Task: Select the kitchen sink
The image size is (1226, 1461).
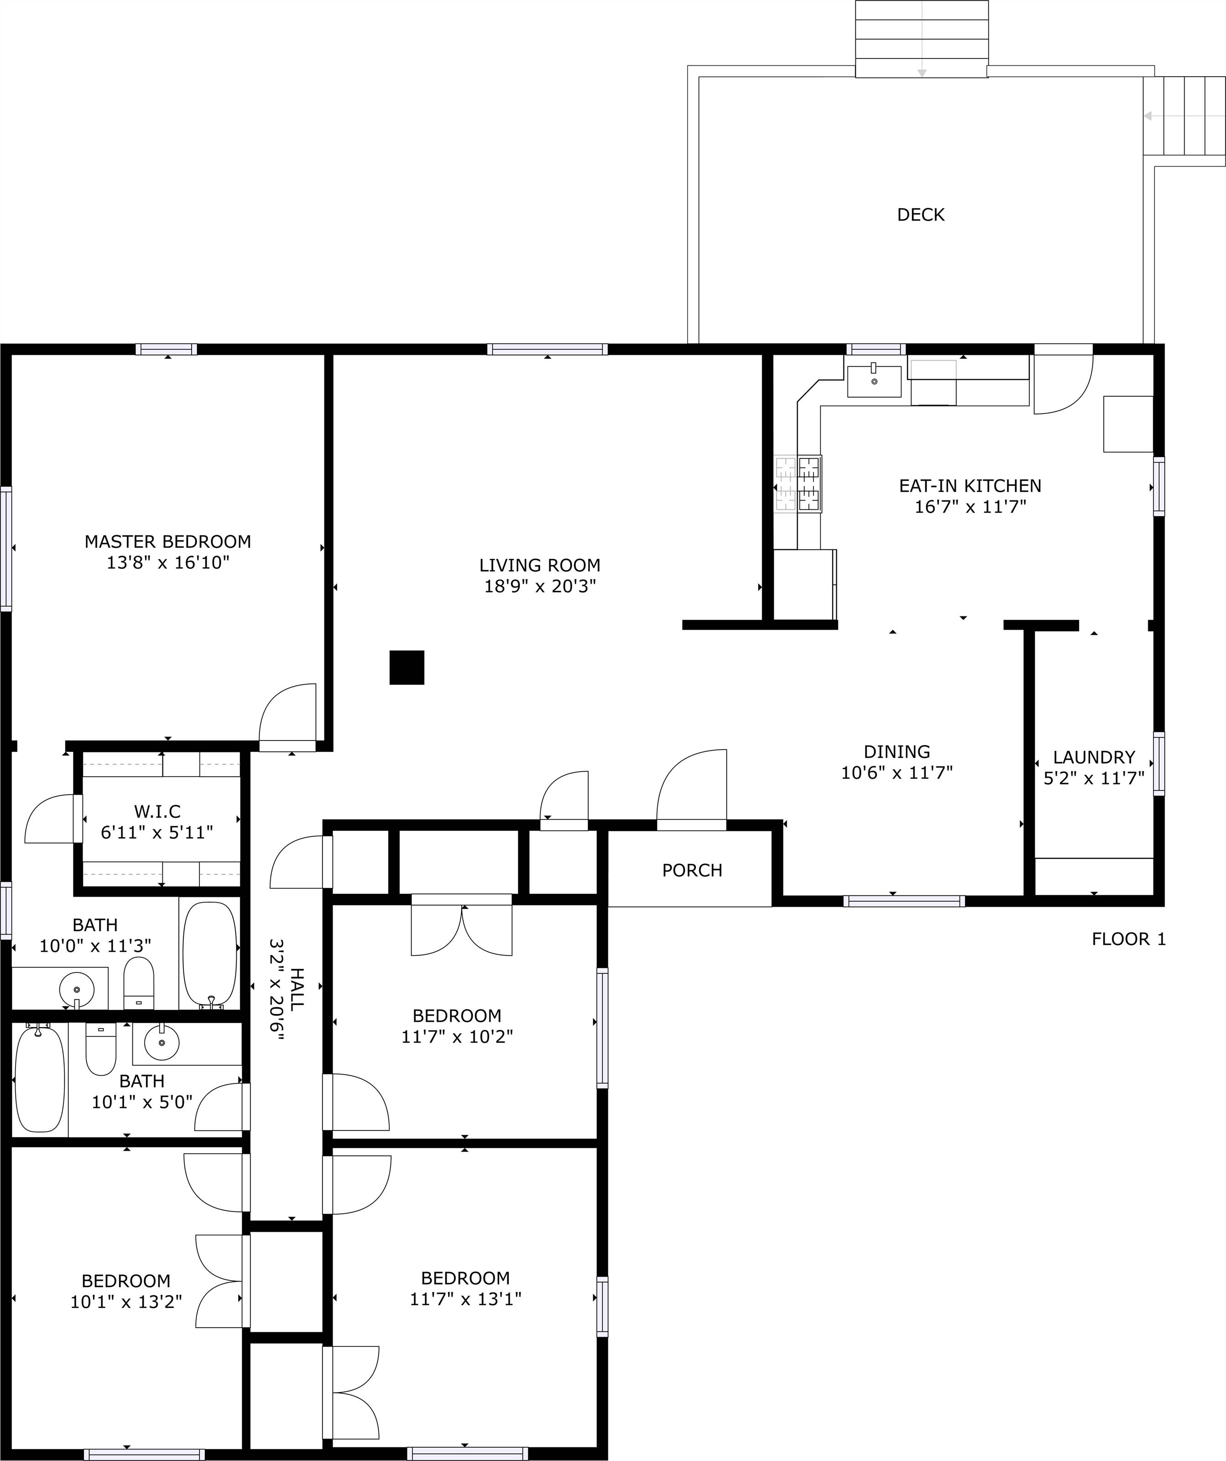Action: coord(874,381)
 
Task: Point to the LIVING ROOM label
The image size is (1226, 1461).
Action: coord(540,565)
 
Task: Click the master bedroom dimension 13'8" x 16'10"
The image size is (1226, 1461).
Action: coord(167,562)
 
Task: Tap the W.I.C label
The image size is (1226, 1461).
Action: coord(157,811)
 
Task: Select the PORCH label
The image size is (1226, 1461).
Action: coord(692,870)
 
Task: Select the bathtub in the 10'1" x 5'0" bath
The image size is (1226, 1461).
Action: coord(40,1079)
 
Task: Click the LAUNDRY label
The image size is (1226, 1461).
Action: coord(1094,757)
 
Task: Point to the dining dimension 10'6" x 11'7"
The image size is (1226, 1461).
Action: coord(897,772)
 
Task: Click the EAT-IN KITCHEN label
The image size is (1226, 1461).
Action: coord(970,486)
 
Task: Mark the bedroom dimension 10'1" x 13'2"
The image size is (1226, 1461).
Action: coord(126,1302)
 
